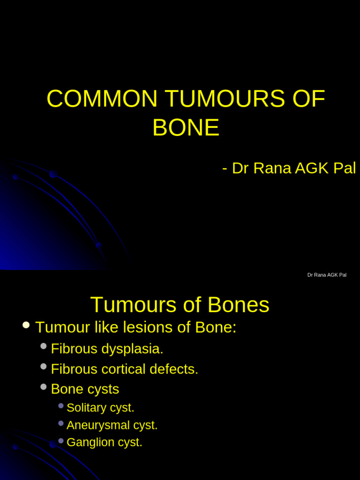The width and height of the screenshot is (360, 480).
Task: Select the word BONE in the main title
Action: [x=186, y=127]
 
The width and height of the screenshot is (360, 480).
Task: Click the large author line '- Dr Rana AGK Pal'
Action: [x=289, y=168]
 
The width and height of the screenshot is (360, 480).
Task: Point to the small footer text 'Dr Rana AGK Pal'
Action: [x=327, y=275]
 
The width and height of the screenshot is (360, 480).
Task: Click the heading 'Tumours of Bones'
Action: [x=180, y=305]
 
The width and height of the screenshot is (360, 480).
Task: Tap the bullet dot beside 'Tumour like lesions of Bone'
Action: [x=26, y=325]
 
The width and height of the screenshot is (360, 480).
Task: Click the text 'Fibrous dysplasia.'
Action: [x=107, y=349]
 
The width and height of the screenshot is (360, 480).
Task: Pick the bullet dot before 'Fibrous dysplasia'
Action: [x=44, y=346]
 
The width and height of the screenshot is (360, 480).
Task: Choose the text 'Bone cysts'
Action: [x=85, y=389]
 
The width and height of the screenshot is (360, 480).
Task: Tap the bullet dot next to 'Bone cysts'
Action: [x=44, y=387]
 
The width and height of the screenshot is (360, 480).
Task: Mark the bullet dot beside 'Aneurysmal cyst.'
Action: [x=61, y=423]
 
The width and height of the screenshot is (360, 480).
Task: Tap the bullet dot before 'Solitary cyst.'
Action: [x=61, y=405]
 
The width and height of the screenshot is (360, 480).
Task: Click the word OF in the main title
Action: [x=308, y=99]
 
